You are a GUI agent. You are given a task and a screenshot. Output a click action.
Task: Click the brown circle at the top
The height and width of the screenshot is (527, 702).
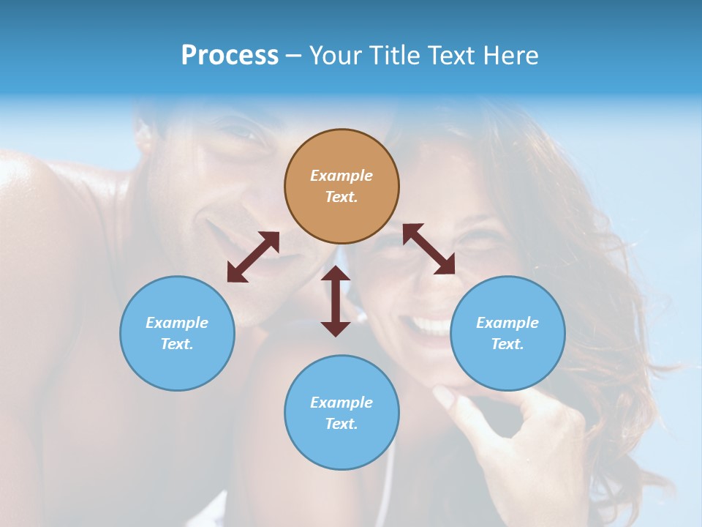click(341, 187)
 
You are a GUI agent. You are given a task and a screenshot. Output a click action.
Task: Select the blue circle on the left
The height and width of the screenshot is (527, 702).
click(177, 333)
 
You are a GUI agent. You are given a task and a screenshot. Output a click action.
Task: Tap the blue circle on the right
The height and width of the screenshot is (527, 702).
click(507, 333)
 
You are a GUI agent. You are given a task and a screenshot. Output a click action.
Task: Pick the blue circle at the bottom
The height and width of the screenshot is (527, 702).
click(341, 413)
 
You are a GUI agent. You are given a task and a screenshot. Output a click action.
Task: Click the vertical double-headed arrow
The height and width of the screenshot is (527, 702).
click(336, 301)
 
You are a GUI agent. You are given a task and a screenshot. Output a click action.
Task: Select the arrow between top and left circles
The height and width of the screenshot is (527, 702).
click(253, 257)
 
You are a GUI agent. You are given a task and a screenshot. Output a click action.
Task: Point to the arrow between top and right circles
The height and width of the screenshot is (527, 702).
click(429, 249)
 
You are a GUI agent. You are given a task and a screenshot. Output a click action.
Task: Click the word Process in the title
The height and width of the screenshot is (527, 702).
click(230, 56)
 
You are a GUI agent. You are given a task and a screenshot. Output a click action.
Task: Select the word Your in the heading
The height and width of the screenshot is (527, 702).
click(335, 56)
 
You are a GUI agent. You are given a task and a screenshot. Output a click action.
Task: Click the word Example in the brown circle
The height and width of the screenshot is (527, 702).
click(341, 176)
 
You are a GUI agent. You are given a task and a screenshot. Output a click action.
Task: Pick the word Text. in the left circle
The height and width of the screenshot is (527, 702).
click(177, 344)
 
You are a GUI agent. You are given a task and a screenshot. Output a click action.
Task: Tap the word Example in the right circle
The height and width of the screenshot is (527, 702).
click(507, 323)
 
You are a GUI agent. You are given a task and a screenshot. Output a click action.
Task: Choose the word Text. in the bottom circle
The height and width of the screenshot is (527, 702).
click(341, 424)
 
